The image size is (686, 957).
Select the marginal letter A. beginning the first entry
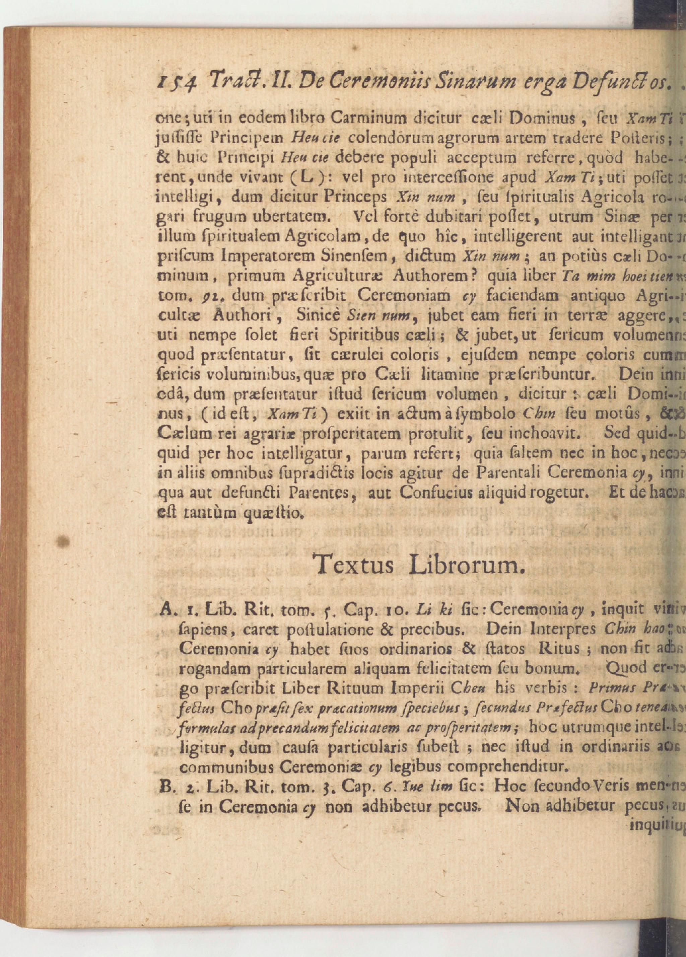166,609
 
